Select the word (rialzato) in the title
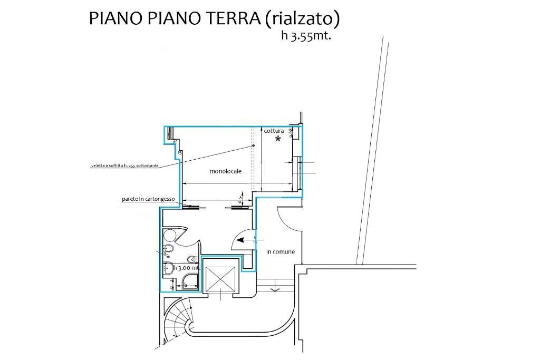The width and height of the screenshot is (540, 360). point(302,18)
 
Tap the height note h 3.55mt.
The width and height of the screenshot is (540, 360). point(306,37)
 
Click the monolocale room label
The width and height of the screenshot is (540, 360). point(225,171)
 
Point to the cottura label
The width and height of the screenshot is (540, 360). point(274,131)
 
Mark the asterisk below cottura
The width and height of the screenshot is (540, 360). point(278,140)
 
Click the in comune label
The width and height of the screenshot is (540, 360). point(281,252)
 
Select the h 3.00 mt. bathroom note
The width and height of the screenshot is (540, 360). point(187,268)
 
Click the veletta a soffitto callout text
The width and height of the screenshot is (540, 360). point(124,166)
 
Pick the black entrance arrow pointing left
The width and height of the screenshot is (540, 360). point(243,239)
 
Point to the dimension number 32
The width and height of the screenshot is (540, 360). point(175,141)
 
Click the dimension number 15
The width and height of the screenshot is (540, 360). point(180,152)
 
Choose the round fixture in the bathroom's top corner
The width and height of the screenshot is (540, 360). point(170,235)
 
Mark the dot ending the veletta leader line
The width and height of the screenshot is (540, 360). point(253,145)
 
